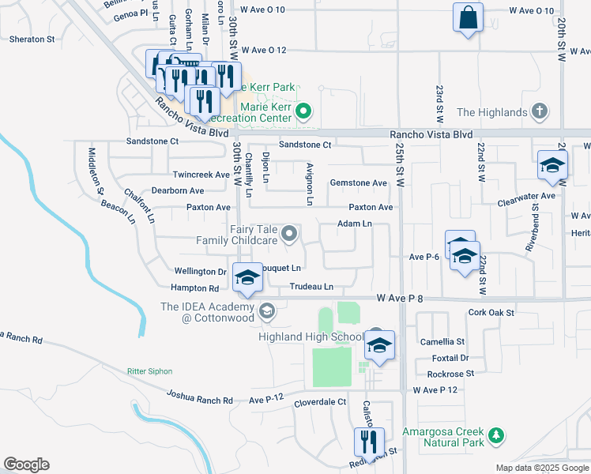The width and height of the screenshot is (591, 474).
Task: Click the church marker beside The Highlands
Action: point(540,111)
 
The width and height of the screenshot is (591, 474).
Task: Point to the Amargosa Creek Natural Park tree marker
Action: point(495,434)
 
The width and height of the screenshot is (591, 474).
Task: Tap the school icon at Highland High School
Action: point(379,345)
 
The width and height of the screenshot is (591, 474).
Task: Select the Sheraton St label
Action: point(32,38)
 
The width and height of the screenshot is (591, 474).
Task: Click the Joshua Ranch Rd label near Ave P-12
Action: point(199,397)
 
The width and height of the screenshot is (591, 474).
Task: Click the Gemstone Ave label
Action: point(358,183)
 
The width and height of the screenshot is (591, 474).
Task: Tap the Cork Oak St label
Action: point(491,313)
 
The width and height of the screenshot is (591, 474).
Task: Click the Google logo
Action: point(26,465)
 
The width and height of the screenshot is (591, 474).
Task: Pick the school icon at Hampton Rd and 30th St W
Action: point(247,277)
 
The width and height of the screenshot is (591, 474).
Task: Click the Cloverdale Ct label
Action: point(320,402)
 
